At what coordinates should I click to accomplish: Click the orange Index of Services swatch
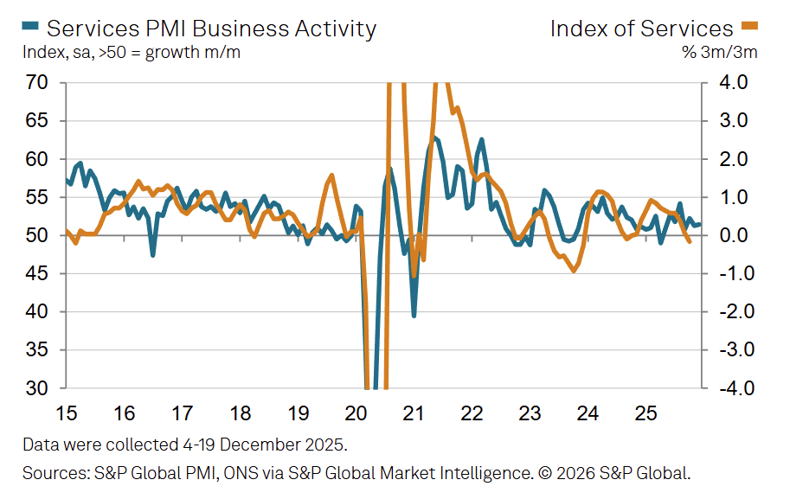[750, 28]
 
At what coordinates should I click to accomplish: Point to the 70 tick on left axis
[36, 83]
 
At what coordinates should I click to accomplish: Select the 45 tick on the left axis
[36, 274]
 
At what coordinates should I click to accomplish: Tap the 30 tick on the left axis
[36, 388]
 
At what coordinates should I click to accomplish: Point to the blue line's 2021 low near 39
[414, 316]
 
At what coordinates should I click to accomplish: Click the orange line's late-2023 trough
[574, 271]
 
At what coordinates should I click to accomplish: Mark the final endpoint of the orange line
[690, 241]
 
